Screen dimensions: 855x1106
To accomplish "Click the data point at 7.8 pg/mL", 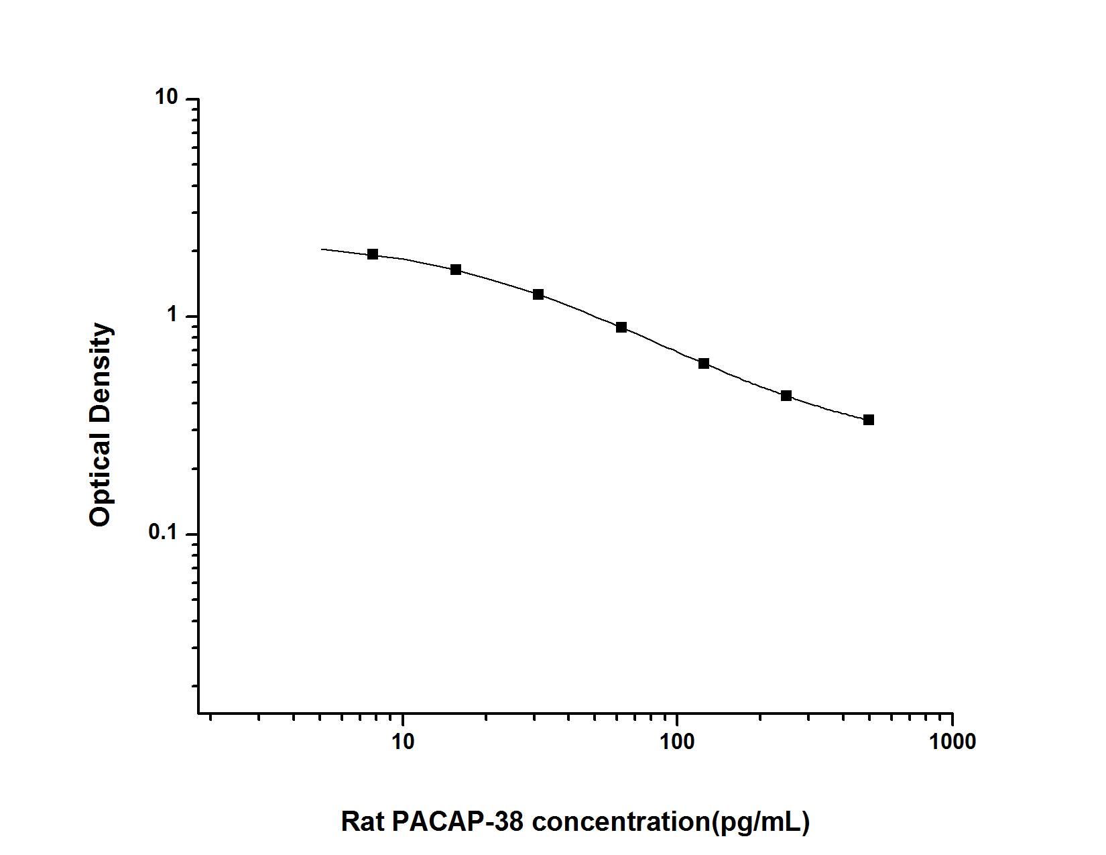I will click(x=373, y=254).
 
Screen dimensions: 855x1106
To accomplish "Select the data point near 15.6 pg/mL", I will click(x=456, y=270).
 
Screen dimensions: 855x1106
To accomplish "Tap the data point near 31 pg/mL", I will click(x=538, y=294).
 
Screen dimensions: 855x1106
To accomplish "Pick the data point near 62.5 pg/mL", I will click(x=621, y=327).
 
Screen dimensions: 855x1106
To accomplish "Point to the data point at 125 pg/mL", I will click(x=704, y=363).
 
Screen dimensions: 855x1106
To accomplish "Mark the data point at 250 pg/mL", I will click(x=786, y=396).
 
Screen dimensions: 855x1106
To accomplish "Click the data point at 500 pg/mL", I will click(x=869, y=420).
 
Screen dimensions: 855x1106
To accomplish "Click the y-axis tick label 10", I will click(x=168, y=98).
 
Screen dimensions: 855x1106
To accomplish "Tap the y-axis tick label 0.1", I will click(x=164, y=534).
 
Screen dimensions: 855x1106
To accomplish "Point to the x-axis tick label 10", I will click(x=402, y=742).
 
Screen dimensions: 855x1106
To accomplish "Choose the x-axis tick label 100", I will click(x=677, y=742).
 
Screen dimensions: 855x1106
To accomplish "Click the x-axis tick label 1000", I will click(x=952, y=742).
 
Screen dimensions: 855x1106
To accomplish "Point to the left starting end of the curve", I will click(x=322, y=249).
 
